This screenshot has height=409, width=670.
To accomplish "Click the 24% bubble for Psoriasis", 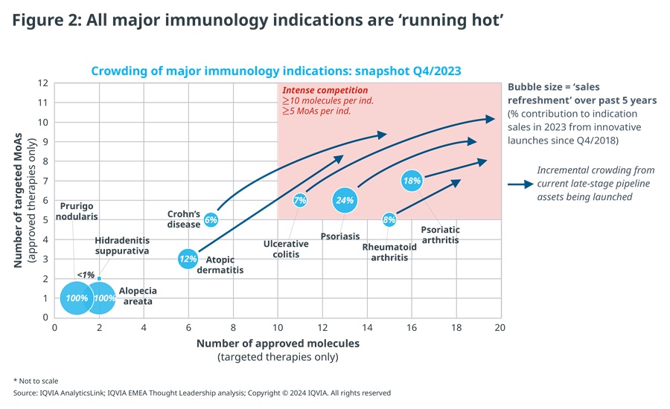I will pos(345,199).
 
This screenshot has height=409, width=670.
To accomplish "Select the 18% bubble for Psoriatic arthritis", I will pos(412,180).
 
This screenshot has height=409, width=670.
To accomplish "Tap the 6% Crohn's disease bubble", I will pos(211,219).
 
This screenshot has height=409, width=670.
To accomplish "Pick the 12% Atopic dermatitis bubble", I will pos(188,259).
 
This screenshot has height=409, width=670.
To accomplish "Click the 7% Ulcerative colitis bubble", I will pos(300,200).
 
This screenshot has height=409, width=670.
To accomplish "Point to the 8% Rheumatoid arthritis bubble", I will pos(389,219).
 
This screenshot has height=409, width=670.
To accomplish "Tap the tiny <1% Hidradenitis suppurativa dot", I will pos(99,279).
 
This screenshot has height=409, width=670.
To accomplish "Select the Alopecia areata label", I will pos(138,296).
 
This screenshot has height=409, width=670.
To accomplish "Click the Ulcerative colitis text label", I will pos(281,249).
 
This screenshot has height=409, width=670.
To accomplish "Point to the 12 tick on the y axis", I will pos(43,83).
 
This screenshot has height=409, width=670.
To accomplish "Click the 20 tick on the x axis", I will pos(500,326).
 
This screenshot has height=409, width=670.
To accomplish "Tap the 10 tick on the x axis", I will pos(278,326).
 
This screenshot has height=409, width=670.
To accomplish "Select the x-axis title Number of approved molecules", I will pos(278,344).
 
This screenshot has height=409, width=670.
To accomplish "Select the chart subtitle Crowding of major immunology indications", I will pos(276,71).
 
